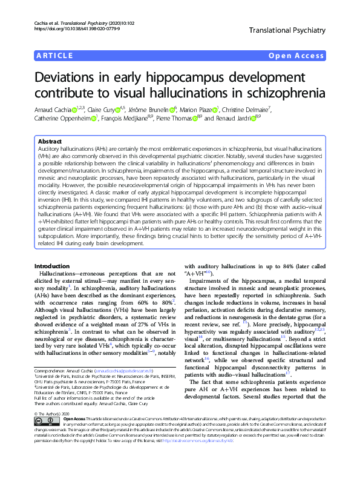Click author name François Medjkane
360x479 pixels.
[143, 119]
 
